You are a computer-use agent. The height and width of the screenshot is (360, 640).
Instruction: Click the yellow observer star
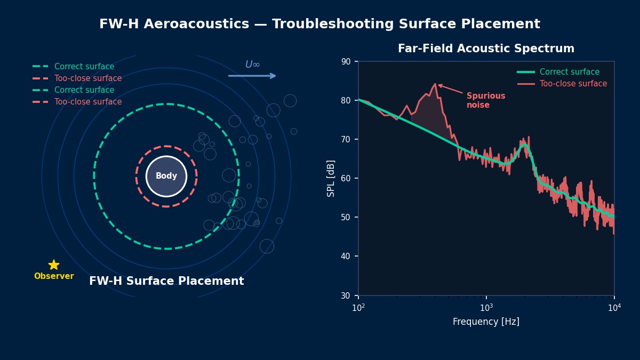54,265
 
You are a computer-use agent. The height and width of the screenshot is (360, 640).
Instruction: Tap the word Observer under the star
54,276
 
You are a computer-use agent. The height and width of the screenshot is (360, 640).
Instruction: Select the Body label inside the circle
166,176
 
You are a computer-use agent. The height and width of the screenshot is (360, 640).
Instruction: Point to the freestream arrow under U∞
252,76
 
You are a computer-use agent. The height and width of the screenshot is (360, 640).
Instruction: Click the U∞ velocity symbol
252,65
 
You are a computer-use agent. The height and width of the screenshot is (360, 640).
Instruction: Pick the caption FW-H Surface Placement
166,281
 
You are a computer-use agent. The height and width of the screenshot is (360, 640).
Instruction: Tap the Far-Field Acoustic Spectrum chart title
486,49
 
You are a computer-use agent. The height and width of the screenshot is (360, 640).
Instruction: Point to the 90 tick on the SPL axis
346,61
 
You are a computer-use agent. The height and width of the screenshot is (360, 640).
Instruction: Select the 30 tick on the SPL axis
346,295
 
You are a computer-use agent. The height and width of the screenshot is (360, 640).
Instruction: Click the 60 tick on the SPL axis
346,178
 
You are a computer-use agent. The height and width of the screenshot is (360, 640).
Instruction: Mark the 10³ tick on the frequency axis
486,308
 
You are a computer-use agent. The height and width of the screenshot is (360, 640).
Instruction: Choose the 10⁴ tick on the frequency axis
614,308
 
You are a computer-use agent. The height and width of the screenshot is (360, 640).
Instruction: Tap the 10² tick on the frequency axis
358,308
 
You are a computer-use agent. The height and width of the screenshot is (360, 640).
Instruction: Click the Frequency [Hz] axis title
486,322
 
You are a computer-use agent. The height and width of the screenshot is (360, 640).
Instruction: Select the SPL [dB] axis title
331,178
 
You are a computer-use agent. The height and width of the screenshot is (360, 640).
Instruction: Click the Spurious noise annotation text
485,100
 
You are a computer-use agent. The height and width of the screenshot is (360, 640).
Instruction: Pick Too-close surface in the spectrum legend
573,84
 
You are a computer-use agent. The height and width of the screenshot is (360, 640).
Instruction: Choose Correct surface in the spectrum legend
570,72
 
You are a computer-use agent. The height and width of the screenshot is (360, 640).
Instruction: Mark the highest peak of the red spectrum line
435,84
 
